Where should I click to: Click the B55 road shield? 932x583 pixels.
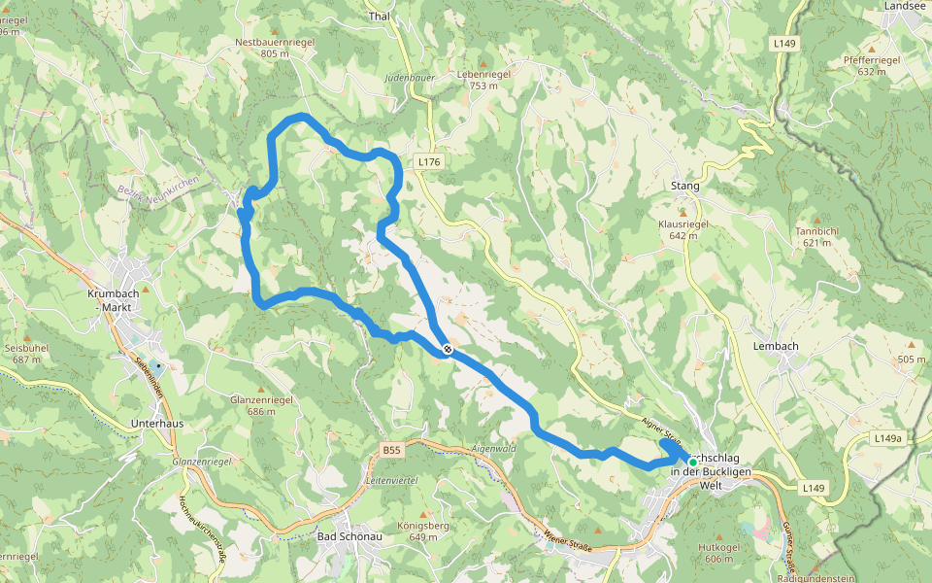click(390, 450)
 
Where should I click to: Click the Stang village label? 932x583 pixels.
click(684, 186)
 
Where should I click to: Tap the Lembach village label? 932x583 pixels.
click(775, 346)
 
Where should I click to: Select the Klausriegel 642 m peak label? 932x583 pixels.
click(684, 229)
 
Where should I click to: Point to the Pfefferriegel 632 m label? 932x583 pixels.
click(872, 65)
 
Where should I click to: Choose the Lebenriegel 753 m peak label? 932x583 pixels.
click(483, 80)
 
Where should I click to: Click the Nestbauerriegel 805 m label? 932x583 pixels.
click(276, 48)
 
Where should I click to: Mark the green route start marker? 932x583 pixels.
click(679, 463)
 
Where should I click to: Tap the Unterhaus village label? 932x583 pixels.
click(157, 425)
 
